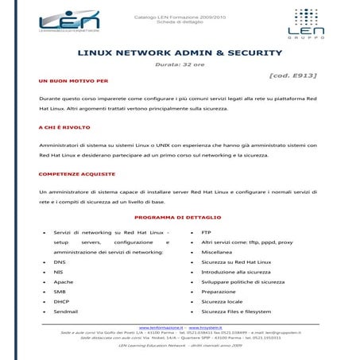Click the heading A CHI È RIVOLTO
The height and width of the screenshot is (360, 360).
pos(64,126)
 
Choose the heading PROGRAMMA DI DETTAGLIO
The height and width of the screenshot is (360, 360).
pos(179,217)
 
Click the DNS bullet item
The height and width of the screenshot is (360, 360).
pos(59,261)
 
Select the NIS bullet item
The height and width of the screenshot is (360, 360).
pos(58,271)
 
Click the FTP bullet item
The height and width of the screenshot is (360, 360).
pos(207,231)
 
